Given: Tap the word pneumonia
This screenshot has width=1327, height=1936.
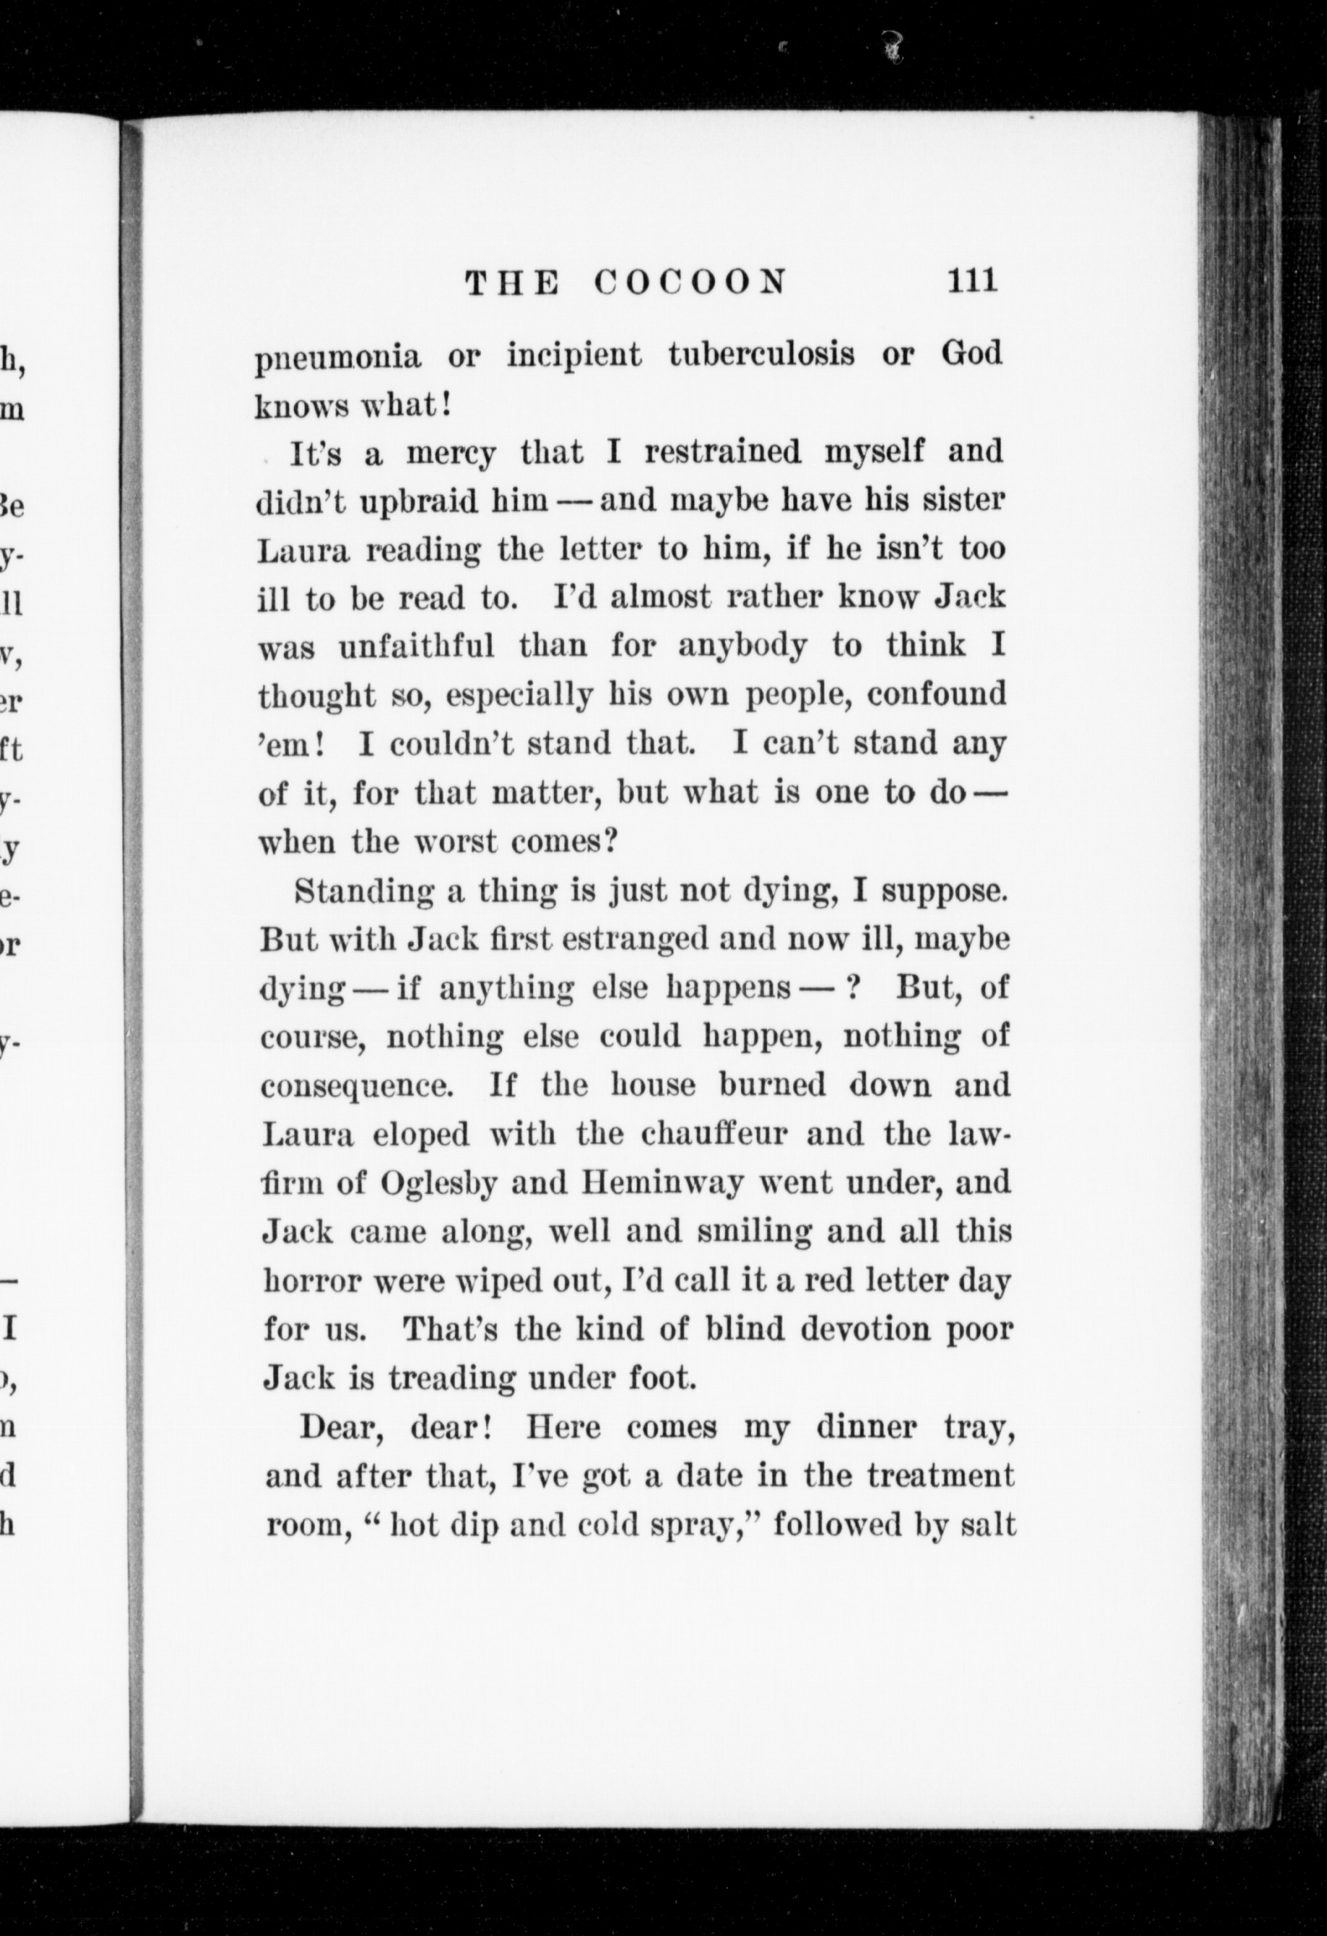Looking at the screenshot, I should point(338,357).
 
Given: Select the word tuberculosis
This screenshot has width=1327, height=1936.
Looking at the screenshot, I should point(761,354).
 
